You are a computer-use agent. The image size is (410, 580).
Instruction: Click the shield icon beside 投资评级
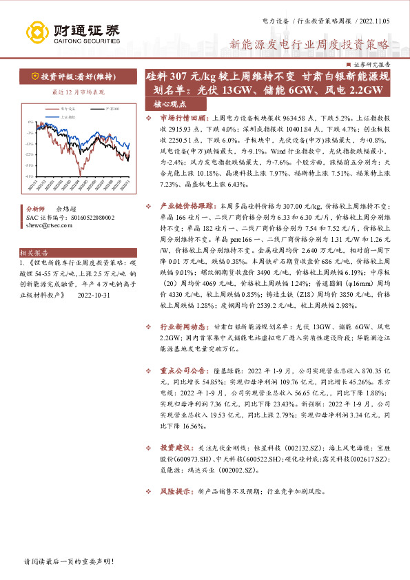34,76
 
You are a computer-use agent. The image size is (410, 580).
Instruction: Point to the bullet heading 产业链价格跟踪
187,206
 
